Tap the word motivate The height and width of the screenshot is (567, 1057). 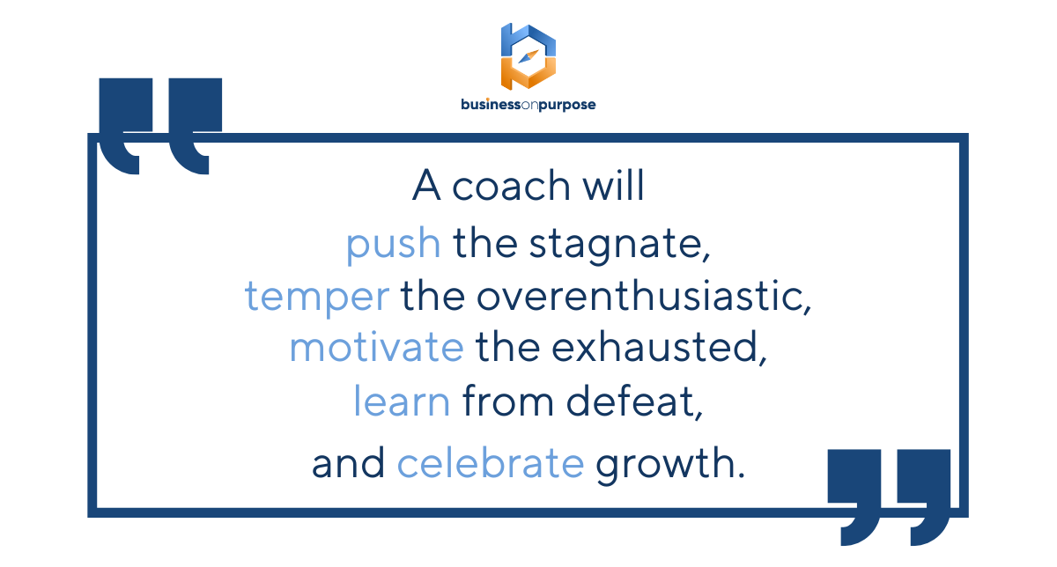pyautogui.click(x=377, y=347)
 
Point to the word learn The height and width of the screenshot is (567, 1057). pyautogui.click(x=402, y=401)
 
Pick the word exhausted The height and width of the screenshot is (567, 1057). pyautogui.click(x=659, y=348)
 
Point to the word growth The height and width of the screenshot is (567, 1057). pyautogui.click(x=670, y=464)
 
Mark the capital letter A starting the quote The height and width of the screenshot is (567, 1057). pyautogui.click(x=426, y=185)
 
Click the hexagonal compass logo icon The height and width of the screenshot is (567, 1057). pyautogui.click(x=528, y=56)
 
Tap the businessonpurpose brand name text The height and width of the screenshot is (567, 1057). pyautogui.click(x=528, y=105)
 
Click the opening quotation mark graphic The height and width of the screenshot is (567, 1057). pyautogui.click(x=160, y=126)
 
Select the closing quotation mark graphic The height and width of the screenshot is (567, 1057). pyautogui.click(x=889, y=497)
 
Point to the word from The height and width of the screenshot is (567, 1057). pyautogui.click(x=508, y=401)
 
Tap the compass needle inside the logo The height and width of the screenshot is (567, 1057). pyautogui.click(x=528, y=56)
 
